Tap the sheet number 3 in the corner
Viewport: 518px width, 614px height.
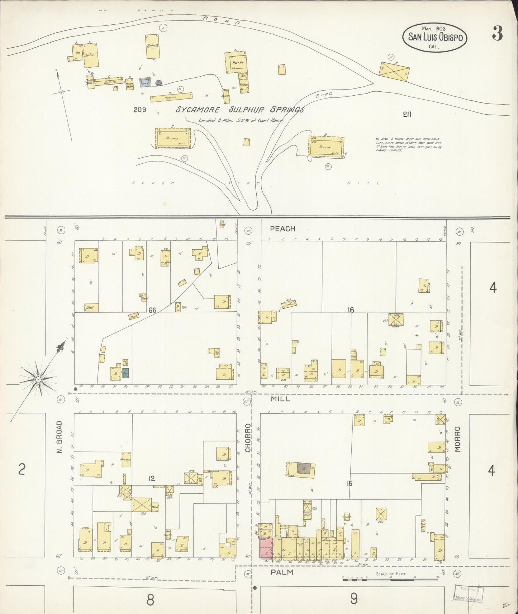click(497, 34)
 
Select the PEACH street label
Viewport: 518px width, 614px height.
click(282, 229)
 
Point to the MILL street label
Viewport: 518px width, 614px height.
click(280, 399)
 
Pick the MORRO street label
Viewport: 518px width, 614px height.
click(457, 440)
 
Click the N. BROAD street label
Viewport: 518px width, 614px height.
click(60, 437)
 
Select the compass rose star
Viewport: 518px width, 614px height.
click(38, 379)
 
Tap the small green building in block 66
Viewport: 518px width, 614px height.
click(125, 374)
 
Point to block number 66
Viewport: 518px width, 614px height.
click(152, 310)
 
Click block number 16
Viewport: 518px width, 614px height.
click(351, 310)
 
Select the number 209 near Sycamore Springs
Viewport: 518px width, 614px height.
click(139, 110)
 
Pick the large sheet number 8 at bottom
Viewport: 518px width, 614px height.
click(150, 599)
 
